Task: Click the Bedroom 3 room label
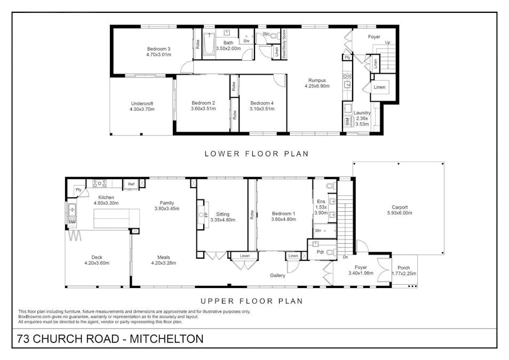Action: click(x=159, y=49)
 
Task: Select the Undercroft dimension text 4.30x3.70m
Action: click(x=142, y=109)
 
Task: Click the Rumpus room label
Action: click(x=317, y=80)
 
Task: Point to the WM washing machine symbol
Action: click(x=347, y=122)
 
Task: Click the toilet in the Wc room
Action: click(x=275, y=36)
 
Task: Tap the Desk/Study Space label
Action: click(x=284, y=44)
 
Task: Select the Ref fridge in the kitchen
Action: click(x=131, y=184)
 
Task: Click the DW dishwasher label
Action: click(x=72, y=222)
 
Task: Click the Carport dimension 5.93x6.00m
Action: click(x=400, y=213)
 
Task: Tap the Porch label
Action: click(x=404, y=268)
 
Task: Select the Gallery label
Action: click(x=278, y=275)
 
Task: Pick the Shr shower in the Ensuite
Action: click(x=324, y=231)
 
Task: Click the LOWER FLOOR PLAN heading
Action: click(x=257, y=154)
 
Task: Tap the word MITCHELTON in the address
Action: click(x=166, y=339)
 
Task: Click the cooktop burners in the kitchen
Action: click(x=100, y=183)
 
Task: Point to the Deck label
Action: click(x=97, y=258)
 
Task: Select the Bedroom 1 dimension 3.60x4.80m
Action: click(x=284, y=219)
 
